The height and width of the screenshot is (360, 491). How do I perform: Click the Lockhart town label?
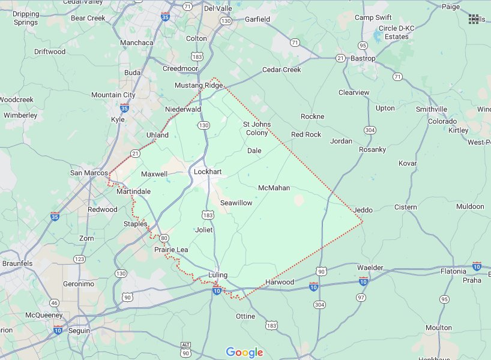208,172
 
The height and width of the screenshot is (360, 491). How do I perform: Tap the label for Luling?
218,275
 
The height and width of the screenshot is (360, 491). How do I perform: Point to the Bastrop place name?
363,58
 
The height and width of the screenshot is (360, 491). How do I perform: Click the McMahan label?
274,188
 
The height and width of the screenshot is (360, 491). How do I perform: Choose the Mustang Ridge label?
199,85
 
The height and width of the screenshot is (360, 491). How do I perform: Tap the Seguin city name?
79,331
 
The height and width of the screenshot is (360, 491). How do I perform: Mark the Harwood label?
280,282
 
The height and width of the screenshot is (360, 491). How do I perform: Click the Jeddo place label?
363,210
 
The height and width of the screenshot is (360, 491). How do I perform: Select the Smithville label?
431,109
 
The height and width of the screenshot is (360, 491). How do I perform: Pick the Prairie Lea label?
171,250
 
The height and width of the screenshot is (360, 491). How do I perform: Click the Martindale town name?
133,191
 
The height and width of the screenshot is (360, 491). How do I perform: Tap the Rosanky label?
372,149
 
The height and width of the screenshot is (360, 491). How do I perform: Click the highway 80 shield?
163,238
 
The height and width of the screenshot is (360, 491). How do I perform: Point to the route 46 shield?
54,304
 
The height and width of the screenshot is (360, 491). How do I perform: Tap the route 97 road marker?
361,298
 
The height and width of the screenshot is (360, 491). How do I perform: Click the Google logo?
245,352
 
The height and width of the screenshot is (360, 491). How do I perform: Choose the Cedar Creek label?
282,70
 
